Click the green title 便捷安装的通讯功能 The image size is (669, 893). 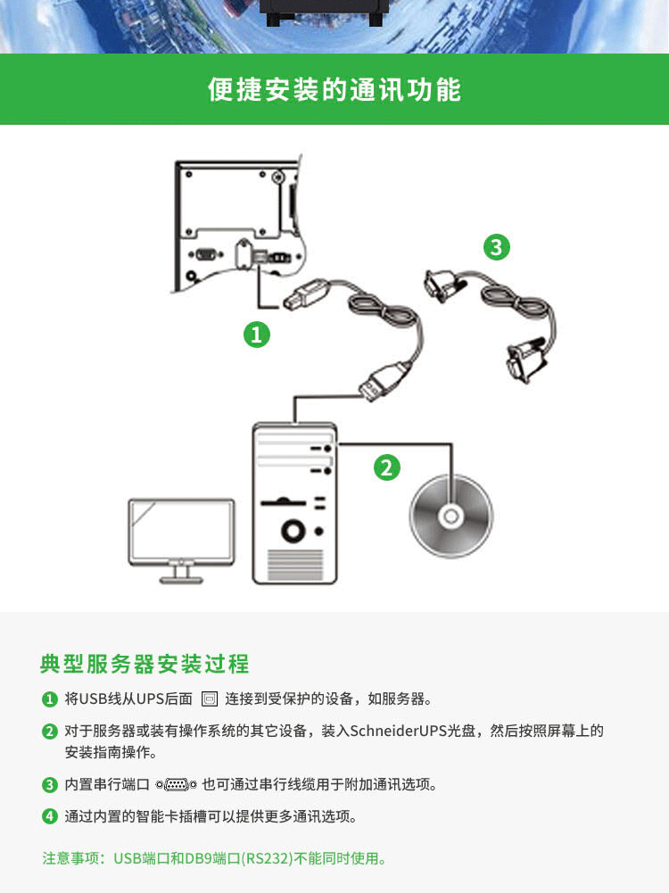point(334,89)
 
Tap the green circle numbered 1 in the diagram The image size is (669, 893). point(257,335)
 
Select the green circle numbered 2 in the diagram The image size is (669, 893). point(386,467)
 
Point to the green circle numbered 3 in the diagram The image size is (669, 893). point(497,247)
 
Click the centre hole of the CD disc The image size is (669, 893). point(451,517)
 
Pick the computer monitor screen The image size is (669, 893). point(181,532)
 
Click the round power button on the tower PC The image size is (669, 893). point(293,531)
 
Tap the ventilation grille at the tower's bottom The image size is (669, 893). point(294,565)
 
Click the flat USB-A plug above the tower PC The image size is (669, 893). point(384,381)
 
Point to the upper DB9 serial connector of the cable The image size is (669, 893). point(444,285)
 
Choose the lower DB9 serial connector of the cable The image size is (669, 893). point(524,360)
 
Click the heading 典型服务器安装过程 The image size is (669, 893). point(145,664)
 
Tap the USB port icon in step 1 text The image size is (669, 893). point(210,699)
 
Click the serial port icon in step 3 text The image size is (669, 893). point(177,785)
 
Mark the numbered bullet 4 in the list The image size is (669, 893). point(50,816)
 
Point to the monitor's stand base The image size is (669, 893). point(181,581)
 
